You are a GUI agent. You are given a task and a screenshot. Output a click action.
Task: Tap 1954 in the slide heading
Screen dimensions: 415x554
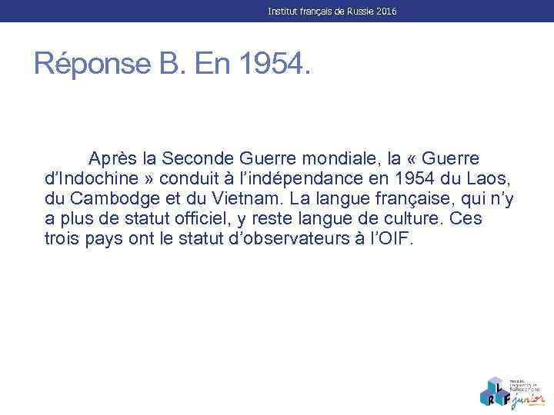coord(275,64)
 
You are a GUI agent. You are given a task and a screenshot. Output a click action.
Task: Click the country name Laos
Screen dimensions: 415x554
coord(490,178)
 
